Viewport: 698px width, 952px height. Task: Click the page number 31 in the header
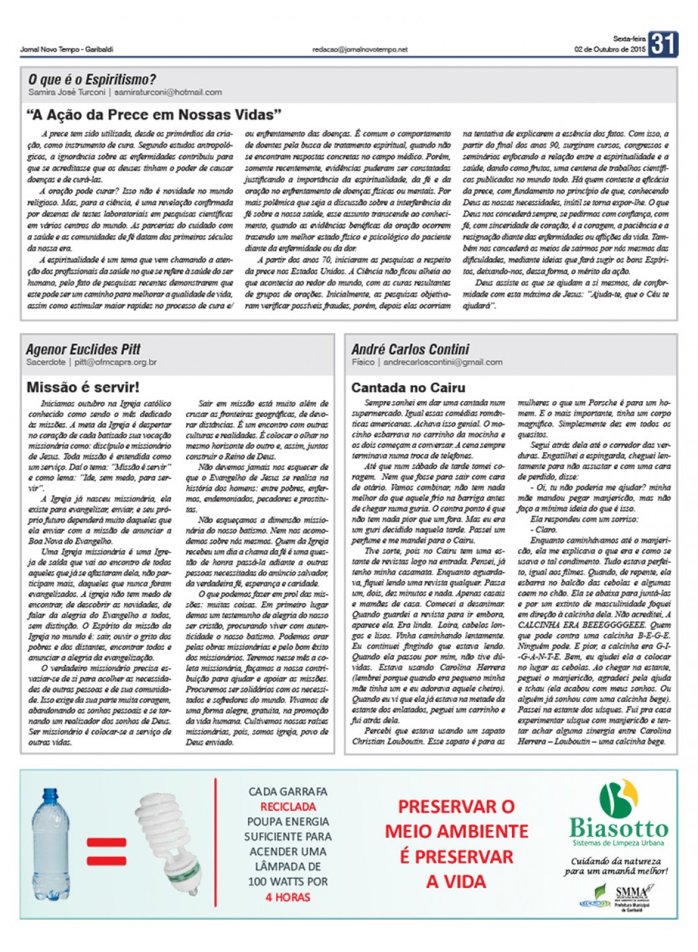[663, 44]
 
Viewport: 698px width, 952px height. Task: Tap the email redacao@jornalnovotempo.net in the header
[360, 49]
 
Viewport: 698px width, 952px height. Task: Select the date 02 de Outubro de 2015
[610, 49]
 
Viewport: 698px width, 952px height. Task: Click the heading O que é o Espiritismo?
[92, 80]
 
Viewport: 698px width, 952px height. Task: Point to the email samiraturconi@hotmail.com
[168, 92]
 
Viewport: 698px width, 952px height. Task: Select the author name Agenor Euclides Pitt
[83, 349]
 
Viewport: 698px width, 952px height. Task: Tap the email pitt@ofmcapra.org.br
[115, 362]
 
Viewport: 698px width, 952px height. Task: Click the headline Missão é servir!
[83, 387]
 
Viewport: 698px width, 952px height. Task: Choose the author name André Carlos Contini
[410, 349]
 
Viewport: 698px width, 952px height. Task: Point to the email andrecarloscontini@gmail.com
[443, 362]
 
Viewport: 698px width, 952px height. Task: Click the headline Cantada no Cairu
[408, 388]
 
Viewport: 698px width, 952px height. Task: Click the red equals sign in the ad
[106, 851]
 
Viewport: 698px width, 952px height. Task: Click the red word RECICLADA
[288, 806]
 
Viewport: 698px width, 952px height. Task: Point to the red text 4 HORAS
[288, 897]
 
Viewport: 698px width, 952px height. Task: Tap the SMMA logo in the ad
[631, 892]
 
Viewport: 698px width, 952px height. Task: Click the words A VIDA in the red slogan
[456, 881]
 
